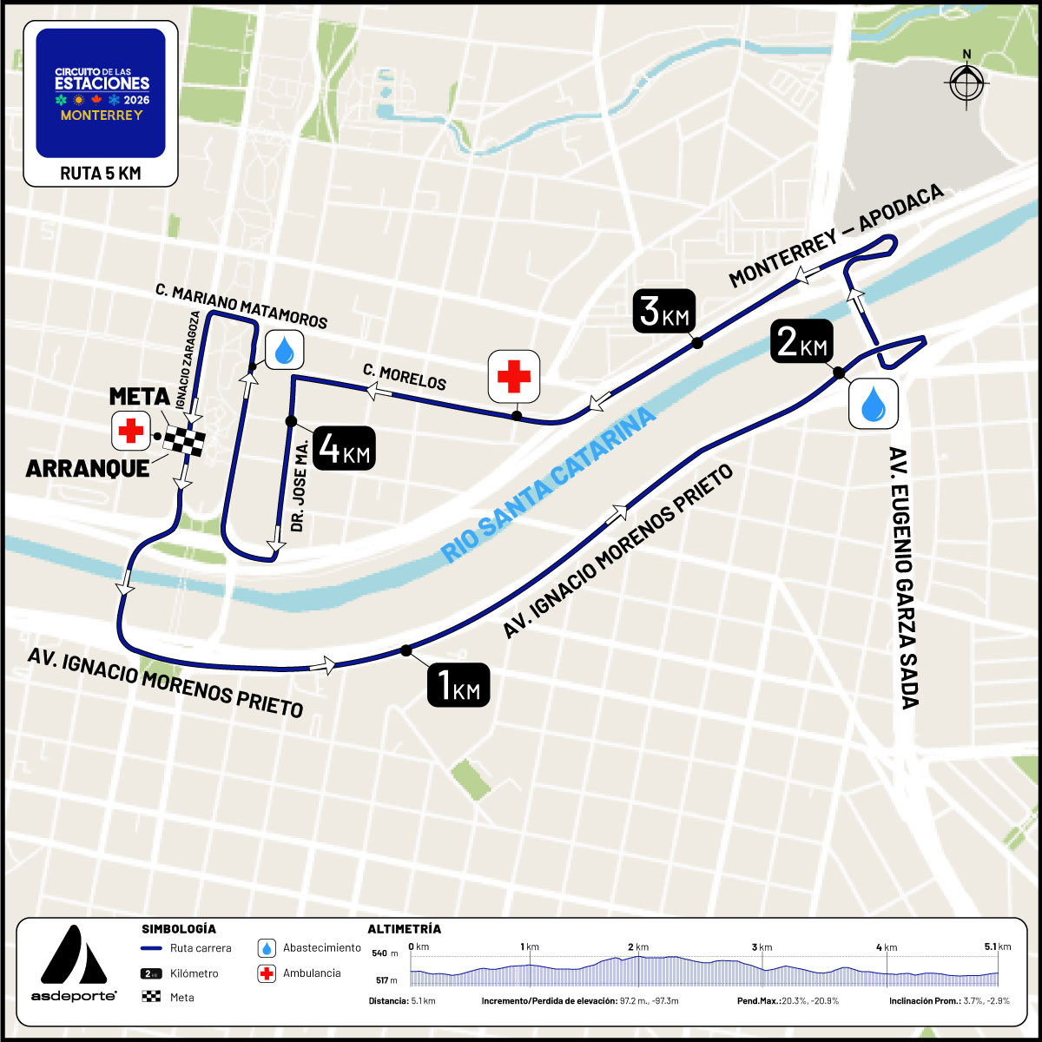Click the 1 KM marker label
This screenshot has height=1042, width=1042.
click(458, 685)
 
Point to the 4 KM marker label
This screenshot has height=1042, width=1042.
click(344, 448)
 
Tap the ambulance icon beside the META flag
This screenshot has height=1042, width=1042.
click(132, 431)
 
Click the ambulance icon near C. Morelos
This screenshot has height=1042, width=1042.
click(514, 376)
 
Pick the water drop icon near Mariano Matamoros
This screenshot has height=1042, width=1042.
click(283, 350)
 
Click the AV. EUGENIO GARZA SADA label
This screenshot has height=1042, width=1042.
click(905, 578)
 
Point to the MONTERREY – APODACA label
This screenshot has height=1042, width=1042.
click(835, 236)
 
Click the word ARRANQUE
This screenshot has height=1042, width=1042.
click(87, 468)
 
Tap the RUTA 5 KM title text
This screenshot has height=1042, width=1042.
click(100, 174)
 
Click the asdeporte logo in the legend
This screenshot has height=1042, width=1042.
click(74, 965)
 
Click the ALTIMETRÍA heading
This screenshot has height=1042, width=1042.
click(404, 928)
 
